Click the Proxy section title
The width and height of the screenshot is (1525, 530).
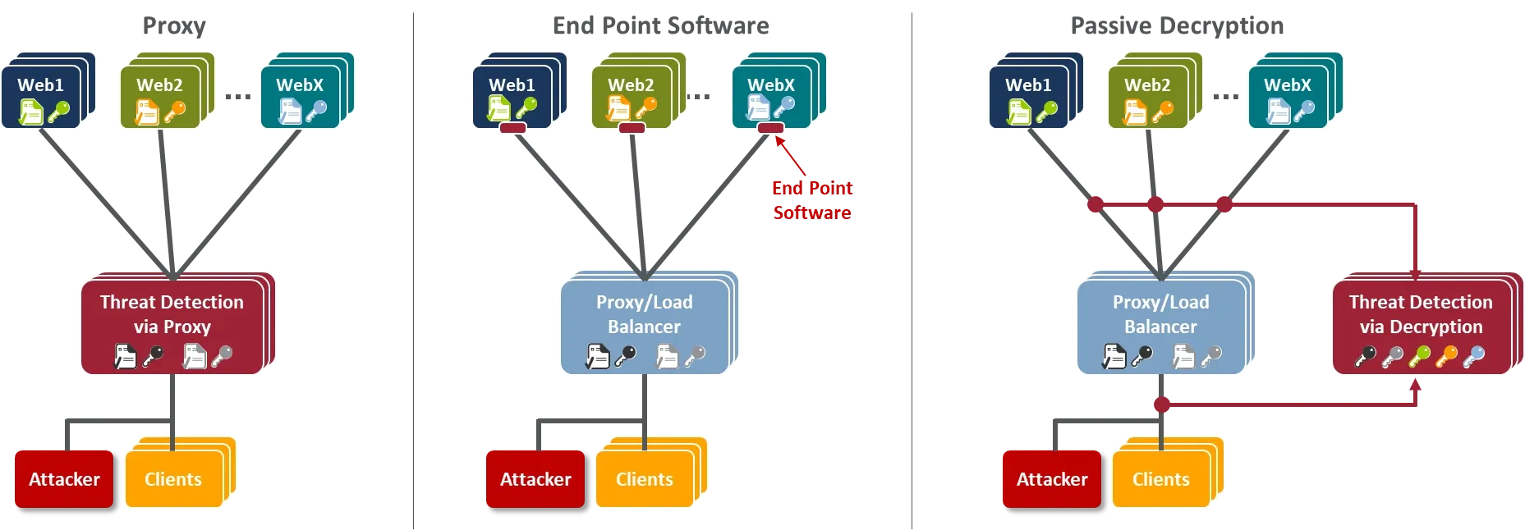click(174, 26)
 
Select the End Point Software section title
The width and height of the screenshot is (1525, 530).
click(661, 26)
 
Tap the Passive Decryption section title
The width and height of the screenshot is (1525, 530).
click(1177, 26)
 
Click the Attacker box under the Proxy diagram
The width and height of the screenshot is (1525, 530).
click(64, 479)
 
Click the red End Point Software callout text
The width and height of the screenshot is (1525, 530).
click(812, 200)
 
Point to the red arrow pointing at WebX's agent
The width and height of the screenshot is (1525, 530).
click(790, 156)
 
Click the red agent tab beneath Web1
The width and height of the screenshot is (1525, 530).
click(512, 128)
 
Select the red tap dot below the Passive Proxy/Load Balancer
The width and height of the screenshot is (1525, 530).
click(1161, 404)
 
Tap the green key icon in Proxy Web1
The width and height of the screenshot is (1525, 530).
click(58, 112)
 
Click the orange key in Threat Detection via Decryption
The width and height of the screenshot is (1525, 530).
click(1447, 356)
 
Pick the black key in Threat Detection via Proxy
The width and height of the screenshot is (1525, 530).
click(153, 356)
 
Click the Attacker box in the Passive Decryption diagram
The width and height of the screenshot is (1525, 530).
click(1052, 479)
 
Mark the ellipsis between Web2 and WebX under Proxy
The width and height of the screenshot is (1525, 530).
click(238, 97)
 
